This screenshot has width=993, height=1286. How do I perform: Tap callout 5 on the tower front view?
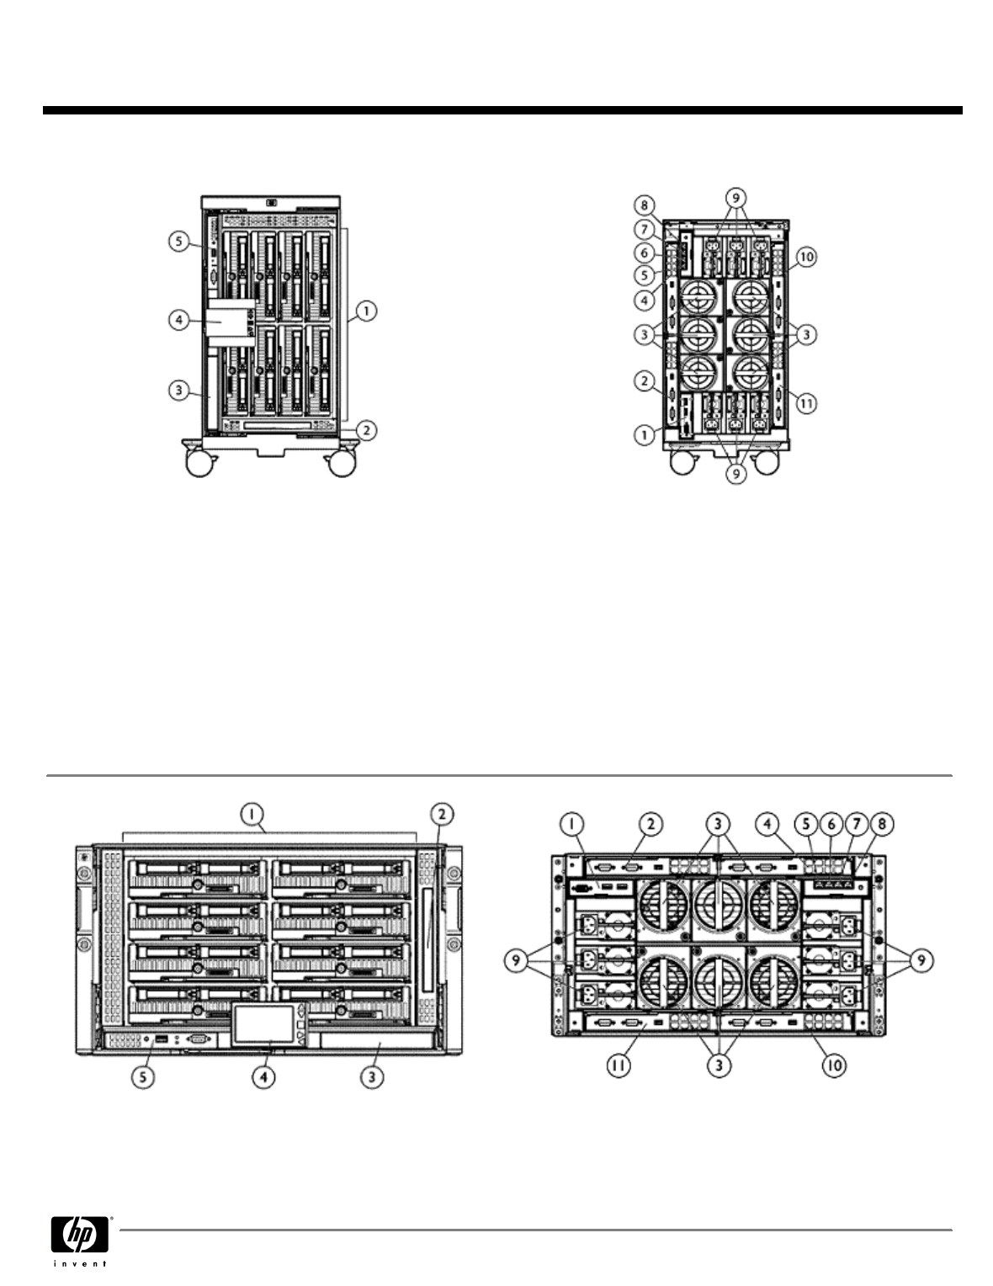[178, 241]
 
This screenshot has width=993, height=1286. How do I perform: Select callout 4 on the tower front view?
[178, 321]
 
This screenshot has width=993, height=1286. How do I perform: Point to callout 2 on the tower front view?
[364, 429]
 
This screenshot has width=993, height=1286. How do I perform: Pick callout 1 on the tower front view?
[365, 311]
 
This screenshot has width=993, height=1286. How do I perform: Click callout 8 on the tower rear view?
[644, 205]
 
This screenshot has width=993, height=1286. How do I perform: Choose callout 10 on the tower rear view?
[806, 256]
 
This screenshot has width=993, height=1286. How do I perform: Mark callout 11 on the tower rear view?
[806, 402]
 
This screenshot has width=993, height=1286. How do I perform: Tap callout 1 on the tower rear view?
[644, 435]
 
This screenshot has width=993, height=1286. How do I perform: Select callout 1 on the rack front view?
[251, 813]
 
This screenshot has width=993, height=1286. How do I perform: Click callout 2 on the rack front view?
[442, 813]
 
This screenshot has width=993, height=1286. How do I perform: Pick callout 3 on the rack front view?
[372, 1076]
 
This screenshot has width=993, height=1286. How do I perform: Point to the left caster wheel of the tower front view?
[199, 464]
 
